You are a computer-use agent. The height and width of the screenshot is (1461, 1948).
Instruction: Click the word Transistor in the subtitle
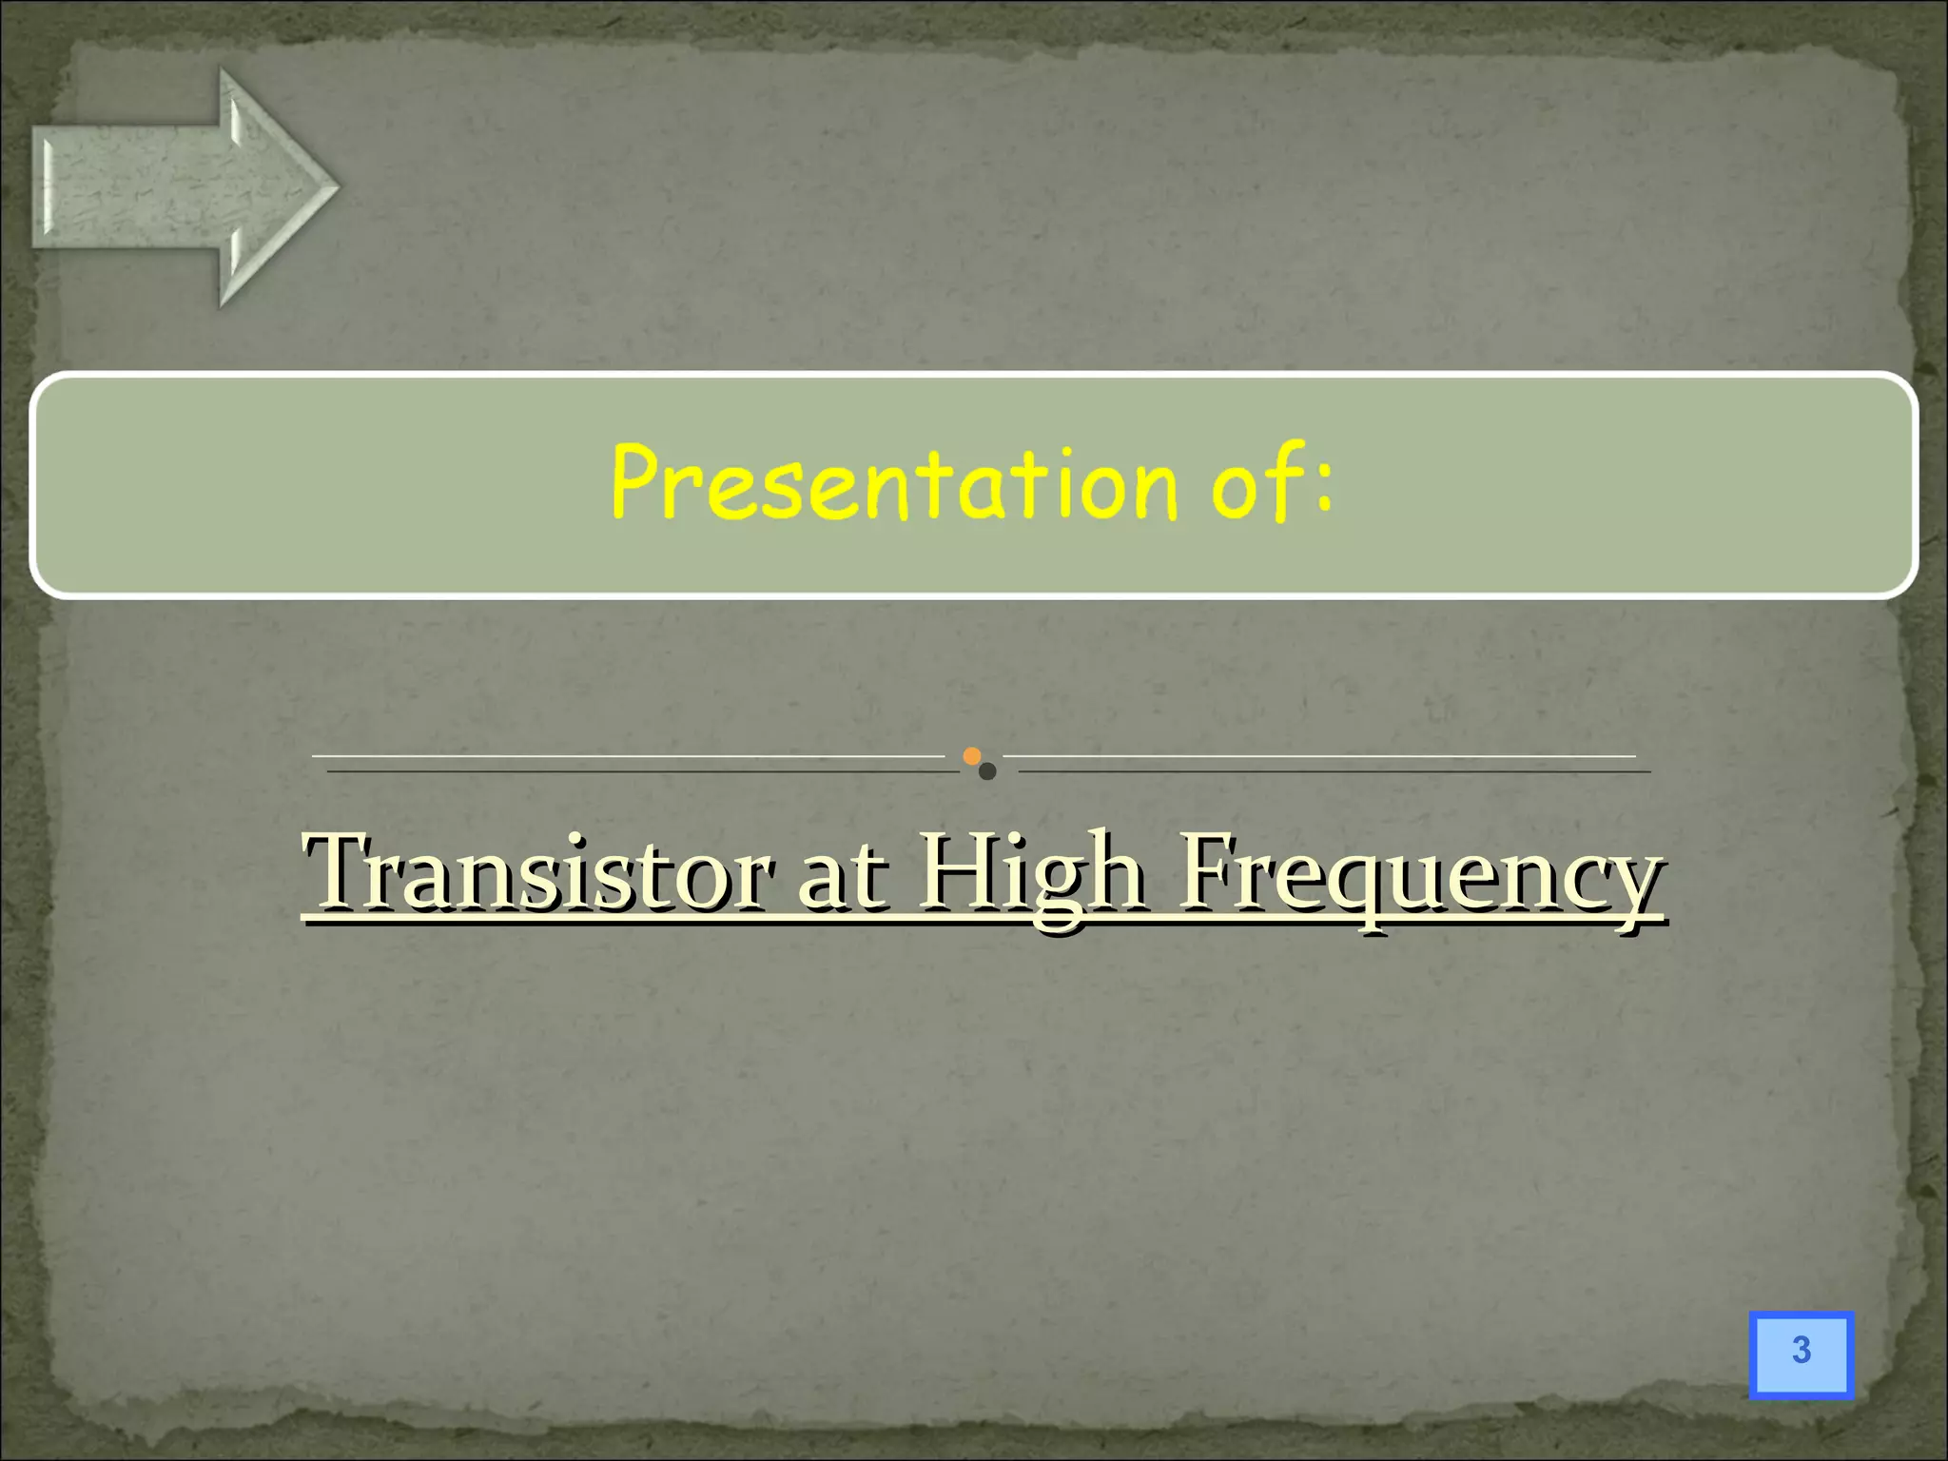(x=537, y=871)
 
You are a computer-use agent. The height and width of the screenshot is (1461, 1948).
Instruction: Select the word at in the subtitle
(x=843, y=875)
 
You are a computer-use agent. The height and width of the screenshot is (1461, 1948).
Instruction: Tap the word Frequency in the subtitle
(x=1421, y=875)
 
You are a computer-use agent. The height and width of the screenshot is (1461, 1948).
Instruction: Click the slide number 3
(x=1801, y=1351)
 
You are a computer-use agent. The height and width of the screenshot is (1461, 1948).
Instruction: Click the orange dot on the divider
(x=971, y=756)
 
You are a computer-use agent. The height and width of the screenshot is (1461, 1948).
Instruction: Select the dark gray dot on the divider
(x=987, y=771)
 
